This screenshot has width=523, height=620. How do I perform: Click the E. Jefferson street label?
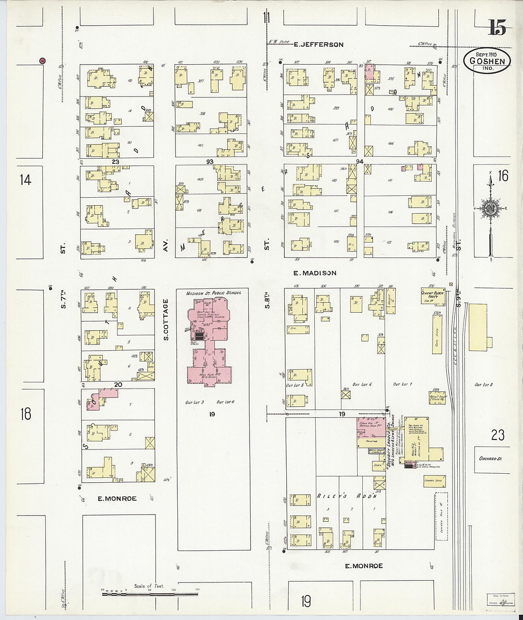point(318,45)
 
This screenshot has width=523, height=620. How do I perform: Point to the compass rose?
point(490,209)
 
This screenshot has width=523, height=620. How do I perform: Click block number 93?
point(210,162)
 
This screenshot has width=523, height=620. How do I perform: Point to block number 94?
point(359,162)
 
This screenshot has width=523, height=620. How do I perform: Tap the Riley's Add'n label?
point(347,496)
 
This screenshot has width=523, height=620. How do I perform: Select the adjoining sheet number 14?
point(25,180)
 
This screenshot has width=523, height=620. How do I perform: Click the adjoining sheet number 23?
point(497,435)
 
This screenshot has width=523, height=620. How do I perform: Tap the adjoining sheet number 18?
point(25,413)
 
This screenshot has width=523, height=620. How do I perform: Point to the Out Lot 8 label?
point(484,384)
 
